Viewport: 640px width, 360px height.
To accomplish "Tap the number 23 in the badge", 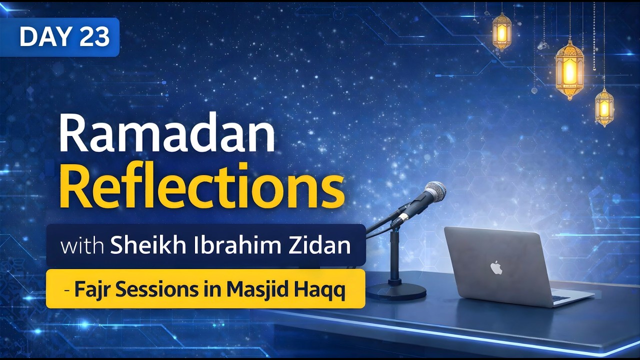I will click(93, 37).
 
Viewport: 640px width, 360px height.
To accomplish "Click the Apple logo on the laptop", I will click(496, 267).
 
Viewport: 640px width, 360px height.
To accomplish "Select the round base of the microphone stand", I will click(396, 290).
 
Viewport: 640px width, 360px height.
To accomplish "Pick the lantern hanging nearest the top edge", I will click(501, 31).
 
